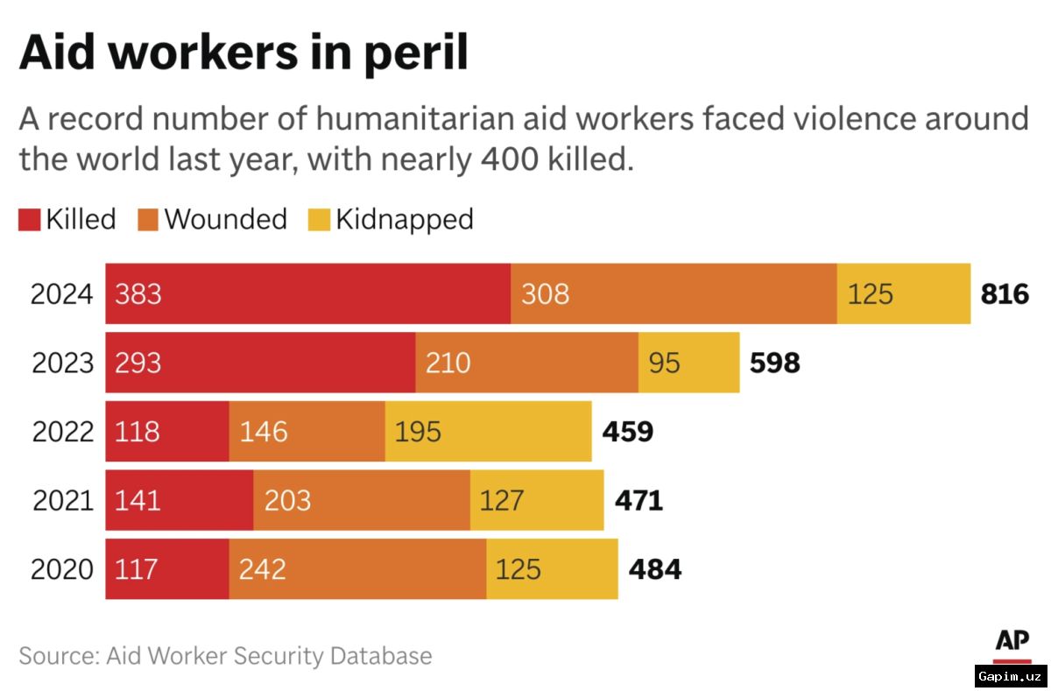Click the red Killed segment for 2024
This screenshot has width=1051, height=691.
307,293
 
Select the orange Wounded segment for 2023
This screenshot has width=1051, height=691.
527,363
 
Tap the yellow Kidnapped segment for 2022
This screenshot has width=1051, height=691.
489,431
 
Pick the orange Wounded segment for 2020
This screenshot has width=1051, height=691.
357,569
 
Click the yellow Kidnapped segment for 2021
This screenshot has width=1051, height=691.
537,500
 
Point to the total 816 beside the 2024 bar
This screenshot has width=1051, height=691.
1005,294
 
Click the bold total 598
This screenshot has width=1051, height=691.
774,363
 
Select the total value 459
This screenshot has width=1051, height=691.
628,432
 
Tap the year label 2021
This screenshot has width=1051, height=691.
63,500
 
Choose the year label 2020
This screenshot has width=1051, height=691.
62,569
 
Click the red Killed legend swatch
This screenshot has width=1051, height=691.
30,220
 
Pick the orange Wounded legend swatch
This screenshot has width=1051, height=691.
148,220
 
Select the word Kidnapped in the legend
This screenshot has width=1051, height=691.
405,220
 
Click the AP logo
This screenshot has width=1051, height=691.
1012,646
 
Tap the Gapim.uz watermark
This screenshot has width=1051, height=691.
1011,676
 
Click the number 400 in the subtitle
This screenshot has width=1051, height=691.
510,159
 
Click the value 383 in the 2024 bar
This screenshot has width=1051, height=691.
138,294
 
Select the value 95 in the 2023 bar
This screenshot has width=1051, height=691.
665,363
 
